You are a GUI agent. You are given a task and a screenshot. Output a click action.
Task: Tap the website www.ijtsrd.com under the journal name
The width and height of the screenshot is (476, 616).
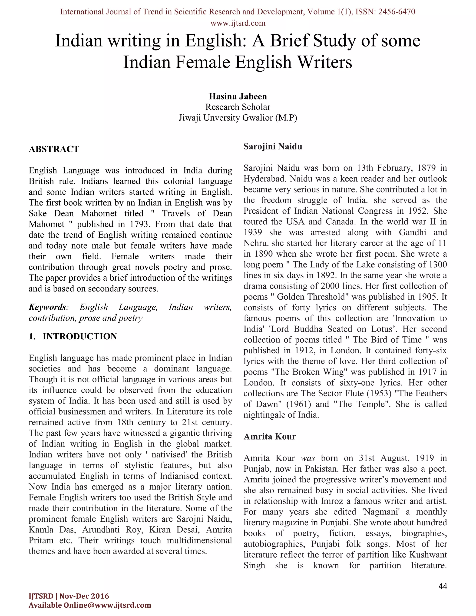(x=238, y=23)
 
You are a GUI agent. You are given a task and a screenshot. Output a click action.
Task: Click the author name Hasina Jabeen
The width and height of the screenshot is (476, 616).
(x=238, y=96)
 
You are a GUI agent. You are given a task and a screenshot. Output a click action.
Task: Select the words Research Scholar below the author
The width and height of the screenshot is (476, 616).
(x=238, y=107)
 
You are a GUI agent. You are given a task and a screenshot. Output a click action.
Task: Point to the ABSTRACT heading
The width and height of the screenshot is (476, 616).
(x=54, y=149)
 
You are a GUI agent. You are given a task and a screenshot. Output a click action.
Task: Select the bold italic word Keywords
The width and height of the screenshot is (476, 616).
(x=47, y=307)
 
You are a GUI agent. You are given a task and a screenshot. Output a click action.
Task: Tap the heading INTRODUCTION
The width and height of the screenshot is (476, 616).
(x=79, y=337)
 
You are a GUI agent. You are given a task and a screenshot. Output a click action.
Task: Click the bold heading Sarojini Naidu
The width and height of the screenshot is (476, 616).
(x=273, y=146)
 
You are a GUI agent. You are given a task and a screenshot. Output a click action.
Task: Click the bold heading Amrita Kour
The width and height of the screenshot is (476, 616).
(x=270, y=437)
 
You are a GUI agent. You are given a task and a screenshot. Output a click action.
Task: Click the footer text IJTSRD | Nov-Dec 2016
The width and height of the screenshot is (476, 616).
(x=69, y=596)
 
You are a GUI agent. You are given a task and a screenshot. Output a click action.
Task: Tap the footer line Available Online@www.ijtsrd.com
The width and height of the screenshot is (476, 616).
(x=90, y=605)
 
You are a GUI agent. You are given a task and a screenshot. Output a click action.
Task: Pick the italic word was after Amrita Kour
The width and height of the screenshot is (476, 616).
(x=308, y=458)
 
